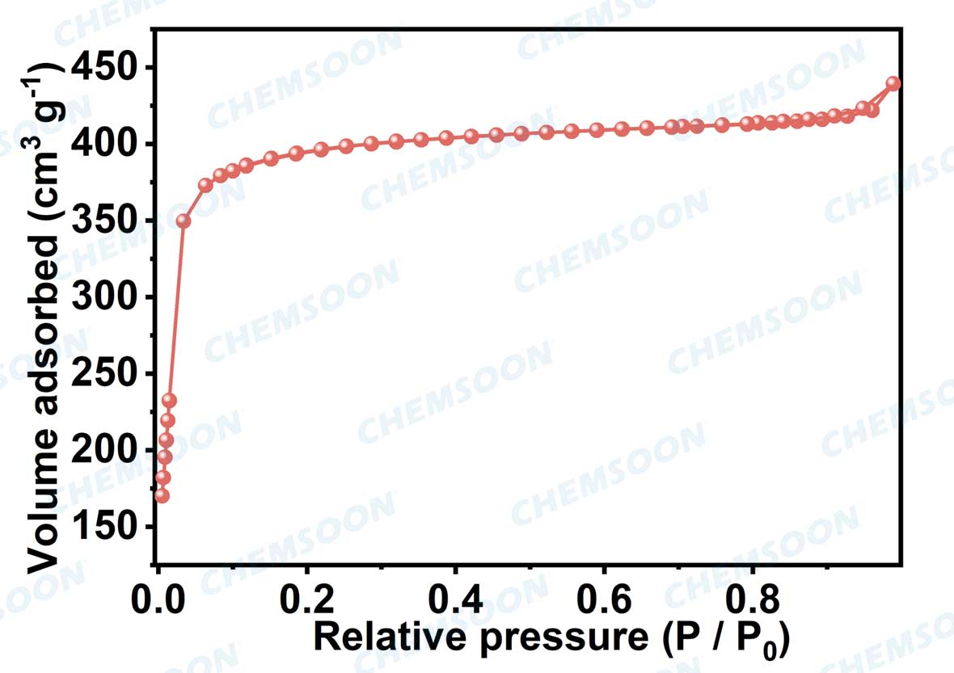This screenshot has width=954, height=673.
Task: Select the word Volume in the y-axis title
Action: coord(44,509)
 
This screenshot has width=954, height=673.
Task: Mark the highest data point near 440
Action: coord(893,83)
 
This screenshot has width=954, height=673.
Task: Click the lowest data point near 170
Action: coord(162,495)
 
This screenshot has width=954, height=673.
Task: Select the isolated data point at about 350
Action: coord(184,221)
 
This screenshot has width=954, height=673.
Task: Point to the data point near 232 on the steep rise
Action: coord(169,401)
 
